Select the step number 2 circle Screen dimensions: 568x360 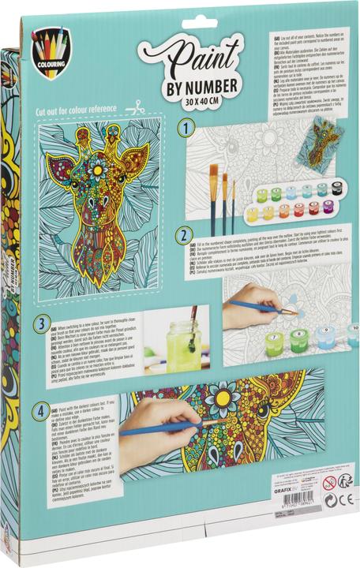tap(183, 235)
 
